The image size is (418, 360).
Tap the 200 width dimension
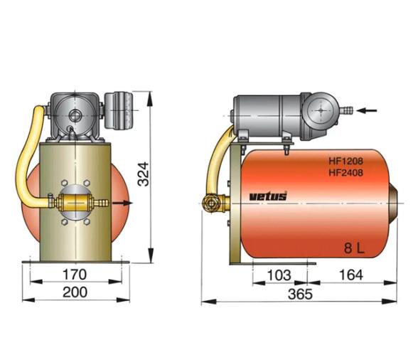click(75, 292)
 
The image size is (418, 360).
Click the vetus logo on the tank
click(268, 196)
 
